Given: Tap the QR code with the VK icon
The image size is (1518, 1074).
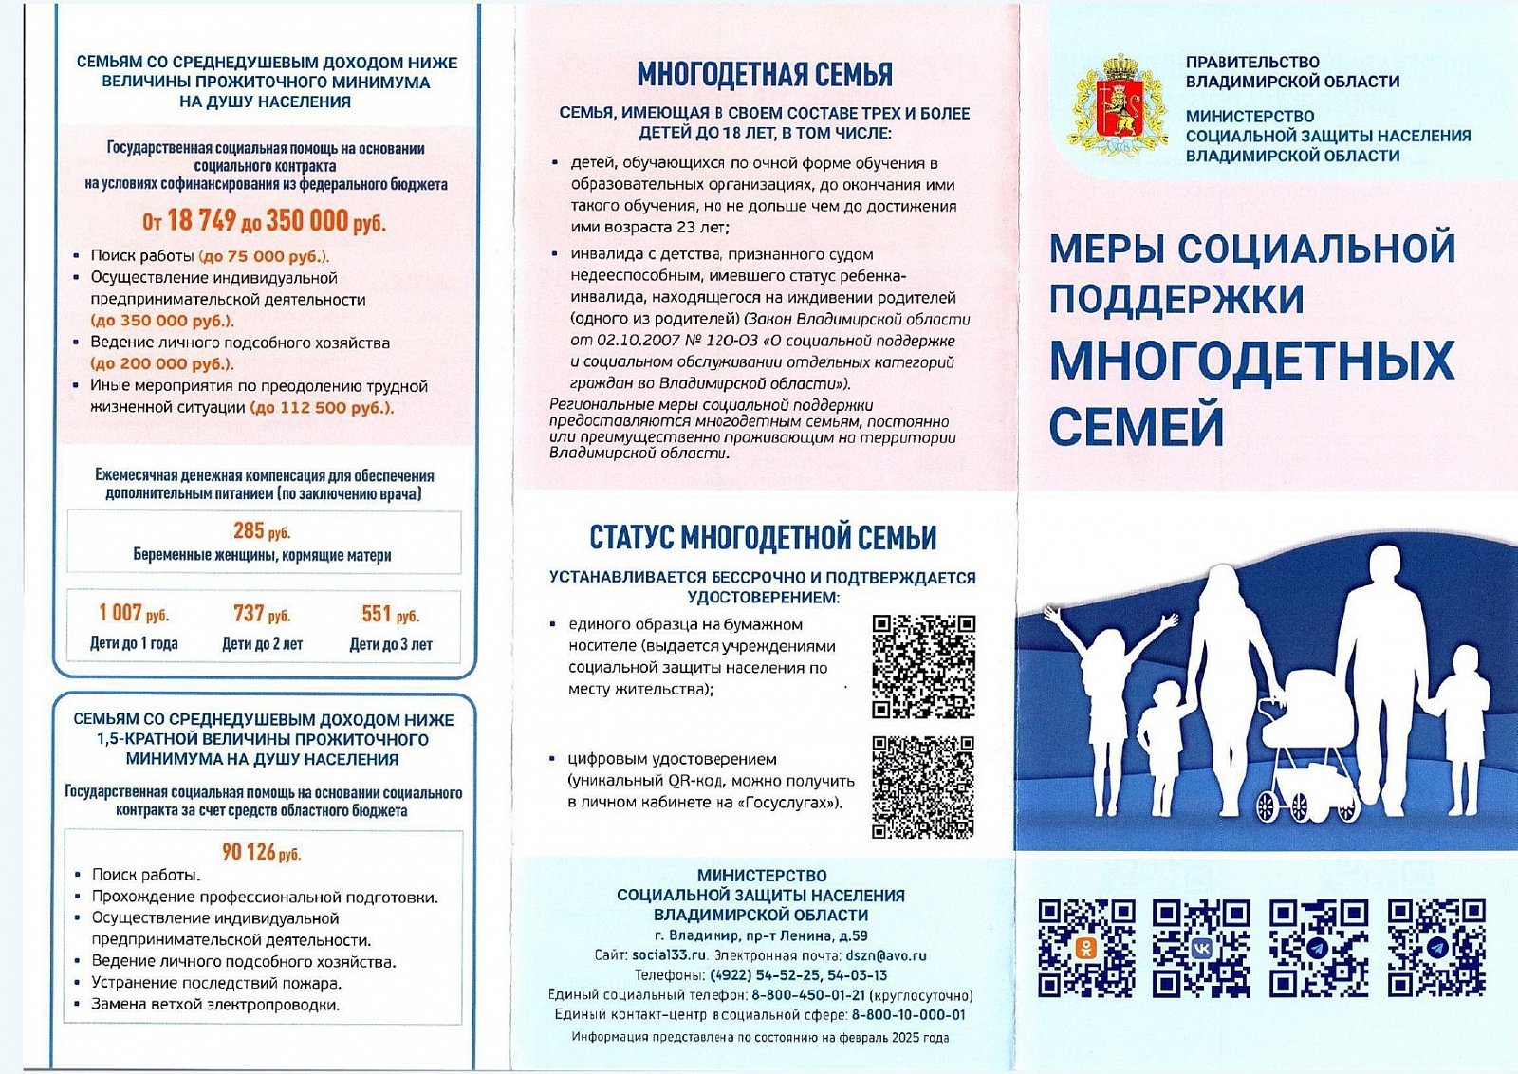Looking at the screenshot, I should click(x=1201, y=948).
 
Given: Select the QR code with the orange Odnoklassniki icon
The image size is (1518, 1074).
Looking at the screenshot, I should click(x=1086, y=948).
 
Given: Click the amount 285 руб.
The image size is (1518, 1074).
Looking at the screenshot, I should click(x=262, y=530).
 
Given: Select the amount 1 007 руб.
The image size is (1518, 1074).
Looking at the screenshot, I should click(x=134, y=613).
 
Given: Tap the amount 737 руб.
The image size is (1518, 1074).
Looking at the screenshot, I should click(x=262, y=614).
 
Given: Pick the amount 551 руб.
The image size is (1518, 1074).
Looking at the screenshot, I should click(x=390, y=614).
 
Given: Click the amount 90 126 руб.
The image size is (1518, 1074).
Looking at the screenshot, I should click(x=261, y=852).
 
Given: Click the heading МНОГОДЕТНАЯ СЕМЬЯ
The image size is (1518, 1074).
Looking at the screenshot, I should click(x=764, y=74).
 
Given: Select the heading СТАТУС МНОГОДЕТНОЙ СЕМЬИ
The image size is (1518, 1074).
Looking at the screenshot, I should click(x=763, y=537).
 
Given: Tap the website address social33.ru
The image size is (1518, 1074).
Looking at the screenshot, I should click(x=670, y=955).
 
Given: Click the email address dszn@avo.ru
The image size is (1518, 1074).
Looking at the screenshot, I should click(x=885, y=955).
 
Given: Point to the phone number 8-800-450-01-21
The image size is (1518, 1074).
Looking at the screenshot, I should click(x=808, y=995).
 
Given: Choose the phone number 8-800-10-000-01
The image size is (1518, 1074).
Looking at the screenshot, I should click(x=908, y=1014).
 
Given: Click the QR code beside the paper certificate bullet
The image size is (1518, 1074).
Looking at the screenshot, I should click(x=923, y=666).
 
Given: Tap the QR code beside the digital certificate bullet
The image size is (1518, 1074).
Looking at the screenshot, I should click(x=923, y=787).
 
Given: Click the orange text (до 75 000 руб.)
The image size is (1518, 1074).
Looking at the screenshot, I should click(x=265, y=256).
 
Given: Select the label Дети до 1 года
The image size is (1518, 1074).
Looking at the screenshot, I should click(x=134, y=643).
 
